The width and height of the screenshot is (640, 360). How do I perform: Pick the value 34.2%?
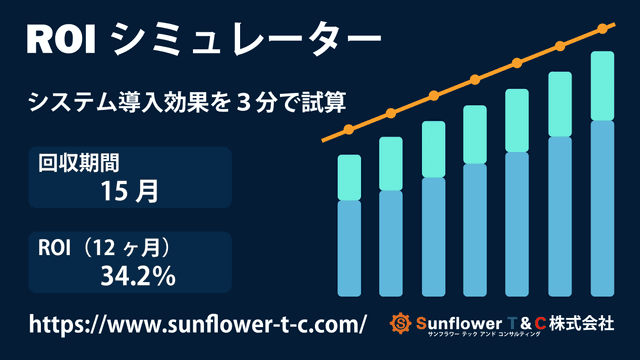click(138, 275)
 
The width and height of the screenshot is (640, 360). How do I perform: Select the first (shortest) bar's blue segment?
click(349, 248)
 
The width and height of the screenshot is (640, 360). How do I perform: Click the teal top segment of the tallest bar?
click(601, 85)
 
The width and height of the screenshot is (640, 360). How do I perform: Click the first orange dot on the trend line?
click(349, 130)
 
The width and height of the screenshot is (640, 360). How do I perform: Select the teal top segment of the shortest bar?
click(349, 177)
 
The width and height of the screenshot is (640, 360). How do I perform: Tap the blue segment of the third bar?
click(433, 237)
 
